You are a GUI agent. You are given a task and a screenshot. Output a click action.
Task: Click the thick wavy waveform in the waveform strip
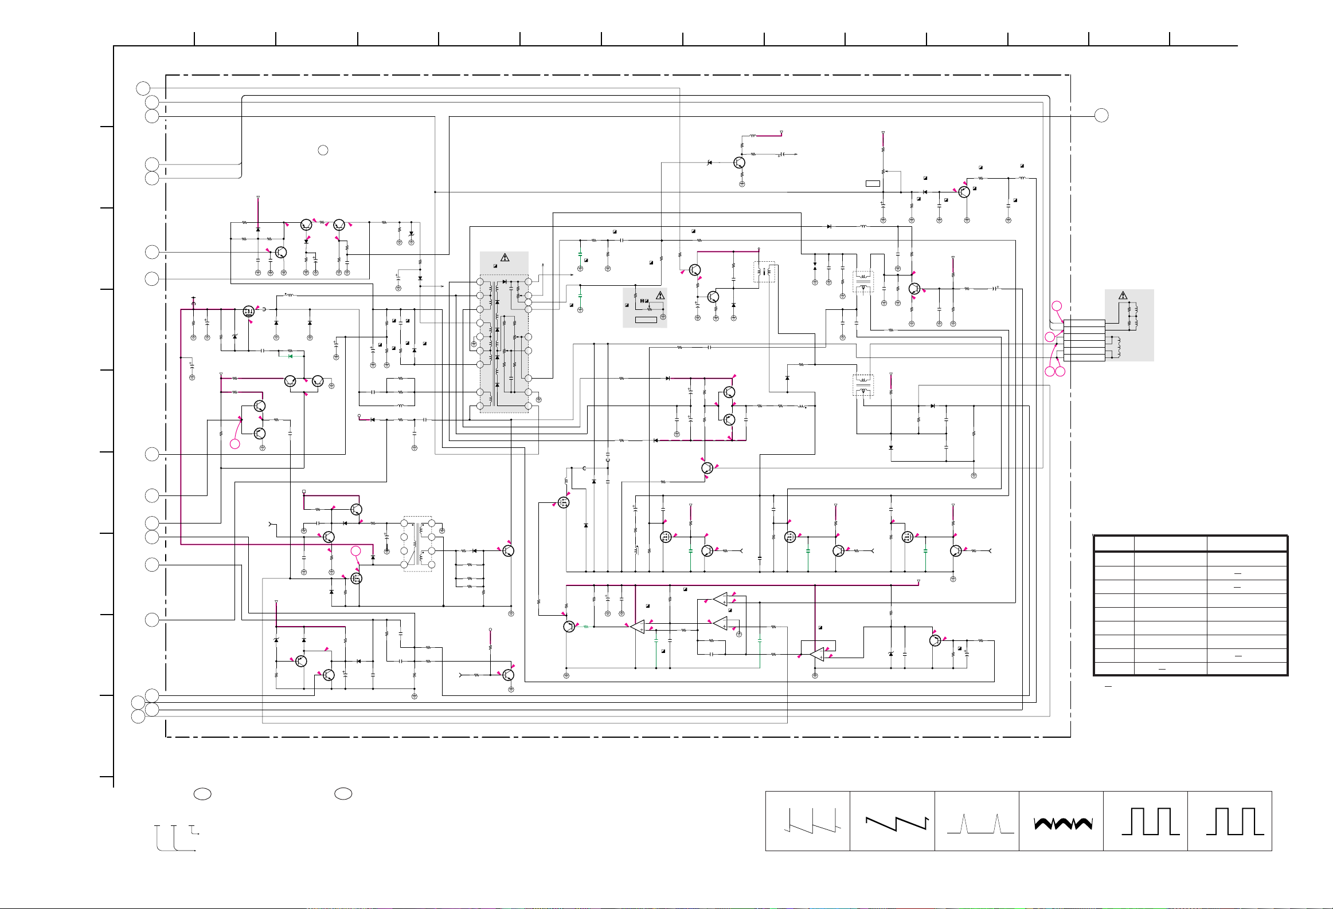(1062, 824)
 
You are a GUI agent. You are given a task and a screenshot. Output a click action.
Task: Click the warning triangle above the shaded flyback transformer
(505, 258)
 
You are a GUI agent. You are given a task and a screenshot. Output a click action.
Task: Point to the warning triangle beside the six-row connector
(1123, 296)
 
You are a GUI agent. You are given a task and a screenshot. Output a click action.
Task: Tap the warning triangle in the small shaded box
(660, 296)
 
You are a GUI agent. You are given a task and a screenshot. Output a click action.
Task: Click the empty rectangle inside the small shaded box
(646, 319)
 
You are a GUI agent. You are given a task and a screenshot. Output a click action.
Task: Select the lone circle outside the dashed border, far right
(1101, 116)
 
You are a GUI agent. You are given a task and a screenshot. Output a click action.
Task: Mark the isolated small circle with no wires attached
(323, 150)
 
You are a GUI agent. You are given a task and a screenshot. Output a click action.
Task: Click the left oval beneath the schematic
(202, 794)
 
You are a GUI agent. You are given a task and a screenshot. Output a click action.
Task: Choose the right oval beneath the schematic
(343, 794)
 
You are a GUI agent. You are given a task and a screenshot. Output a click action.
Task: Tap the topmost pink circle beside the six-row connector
(1057, 306)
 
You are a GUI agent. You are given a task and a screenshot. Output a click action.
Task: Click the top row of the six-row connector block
(1084, 323)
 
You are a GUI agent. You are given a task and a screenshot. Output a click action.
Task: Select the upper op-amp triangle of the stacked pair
(721, 600)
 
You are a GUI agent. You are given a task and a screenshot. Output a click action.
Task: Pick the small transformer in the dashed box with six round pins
(417, 544)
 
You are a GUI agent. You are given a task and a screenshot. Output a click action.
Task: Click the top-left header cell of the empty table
(1114, 544)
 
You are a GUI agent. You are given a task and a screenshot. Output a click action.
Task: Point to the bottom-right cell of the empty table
(1246, 669)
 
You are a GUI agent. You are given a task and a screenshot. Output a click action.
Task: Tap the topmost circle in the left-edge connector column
(143, 88)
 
